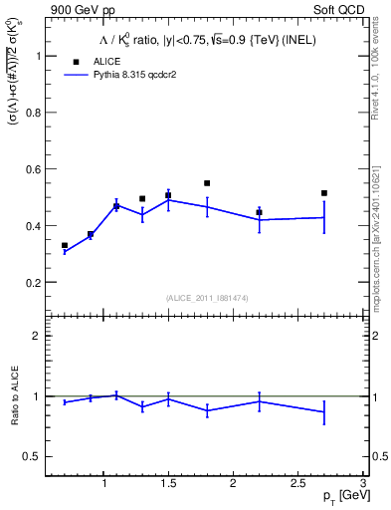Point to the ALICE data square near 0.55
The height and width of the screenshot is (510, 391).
(207, 183)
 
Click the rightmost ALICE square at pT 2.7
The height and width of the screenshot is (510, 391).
(324, 193)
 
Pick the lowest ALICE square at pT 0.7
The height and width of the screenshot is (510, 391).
(65, 245)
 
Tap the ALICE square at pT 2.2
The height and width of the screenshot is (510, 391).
(259, 212)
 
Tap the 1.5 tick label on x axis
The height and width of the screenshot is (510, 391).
(168, 484)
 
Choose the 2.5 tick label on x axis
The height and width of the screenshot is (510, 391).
(297, 484)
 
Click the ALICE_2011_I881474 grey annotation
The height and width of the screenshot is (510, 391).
(207, 298)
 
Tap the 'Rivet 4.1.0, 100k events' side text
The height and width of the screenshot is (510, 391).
(381, 75)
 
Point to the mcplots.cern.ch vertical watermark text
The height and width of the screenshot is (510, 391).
(381, 229)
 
